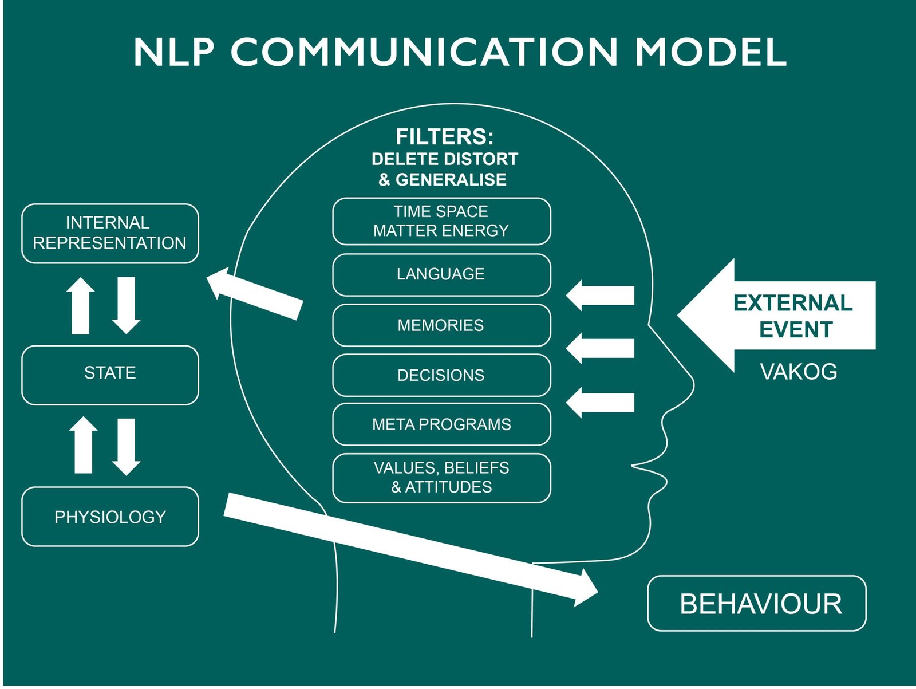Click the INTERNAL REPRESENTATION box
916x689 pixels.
coord(110,233)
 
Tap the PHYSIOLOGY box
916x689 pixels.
coord(110,517)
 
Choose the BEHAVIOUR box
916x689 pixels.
coord(756,604)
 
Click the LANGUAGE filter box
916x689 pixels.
coord(441,274)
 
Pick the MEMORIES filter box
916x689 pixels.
coord(441,325)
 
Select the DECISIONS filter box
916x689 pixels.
coord(441,375)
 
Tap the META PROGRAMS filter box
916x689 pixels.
coord(441,424)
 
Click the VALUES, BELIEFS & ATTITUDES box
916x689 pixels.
coord(441,478)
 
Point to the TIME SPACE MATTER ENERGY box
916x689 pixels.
coord(441,221)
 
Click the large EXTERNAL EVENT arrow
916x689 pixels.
coord(779,316)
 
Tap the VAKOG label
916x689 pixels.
coord(799,372)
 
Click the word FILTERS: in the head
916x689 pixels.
coord(444,137)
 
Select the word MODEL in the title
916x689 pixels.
coord(710,52)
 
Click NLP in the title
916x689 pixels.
coord(174,52)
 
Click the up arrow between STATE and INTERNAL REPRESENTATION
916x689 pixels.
coord(81,306)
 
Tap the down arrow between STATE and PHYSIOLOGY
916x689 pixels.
coord(127,447)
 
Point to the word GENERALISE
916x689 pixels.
coord(451,180)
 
